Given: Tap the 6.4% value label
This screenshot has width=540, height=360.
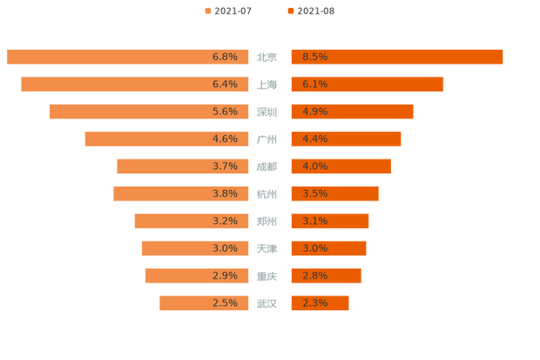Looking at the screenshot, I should [x=225, y=85].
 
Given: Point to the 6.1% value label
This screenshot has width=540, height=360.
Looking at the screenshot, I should [x=314, y=85].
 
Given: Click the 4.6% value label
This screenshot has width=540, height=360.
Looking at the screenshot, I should [x=225, y=139].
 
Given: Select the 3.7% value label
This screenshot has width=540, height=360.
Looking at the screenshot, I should [x=225, y=166].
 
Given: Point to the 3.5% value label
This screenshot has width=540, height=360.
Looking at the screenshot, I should [x=314, y=194].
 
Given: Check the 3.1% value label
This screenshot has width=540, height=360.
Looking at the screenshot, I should [x=314, y=221].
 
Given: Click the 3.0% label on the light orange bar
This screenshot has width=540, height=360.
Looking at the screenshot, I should [x=225, y=248].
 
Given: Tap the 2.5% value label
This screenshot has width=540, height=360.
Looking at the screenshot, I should [x=225, y=303].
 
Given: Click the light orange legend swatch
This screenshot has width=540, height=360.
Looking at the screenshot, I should [x=207, y=10].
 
